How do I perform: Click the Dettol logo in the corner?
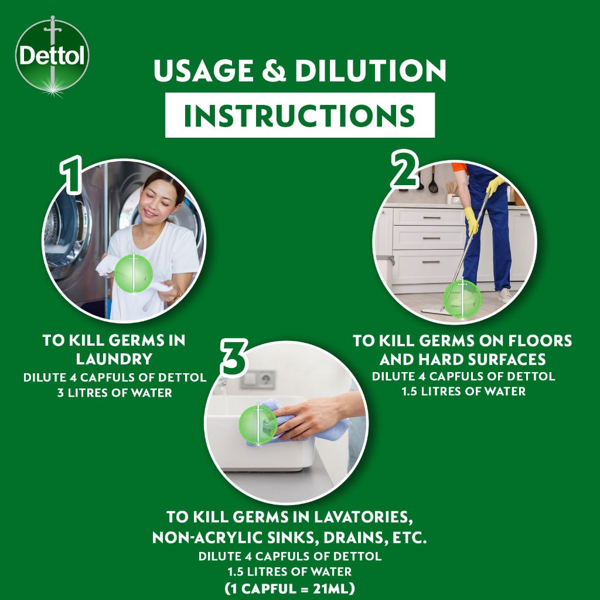[52, 56]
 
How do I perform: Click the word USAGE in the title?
[203, 70]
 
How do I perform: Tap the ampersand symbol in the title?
[274, 71]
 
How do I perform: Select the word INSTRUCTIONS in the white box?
[299, 115]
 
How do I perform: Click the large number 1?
[71, 174]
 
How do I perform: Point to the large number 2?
[404, 169]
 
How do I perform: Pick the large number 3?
[234, 357]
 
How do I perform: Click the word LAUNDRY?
[114, 359]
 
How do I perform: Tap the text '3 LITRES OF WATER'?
[115, 393]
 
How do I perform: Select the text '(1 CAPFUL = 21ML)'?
[289, 588]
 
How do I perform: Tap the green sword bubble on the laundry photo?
[134, 274]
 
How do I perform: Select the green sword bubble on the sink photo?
[258, 425]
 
